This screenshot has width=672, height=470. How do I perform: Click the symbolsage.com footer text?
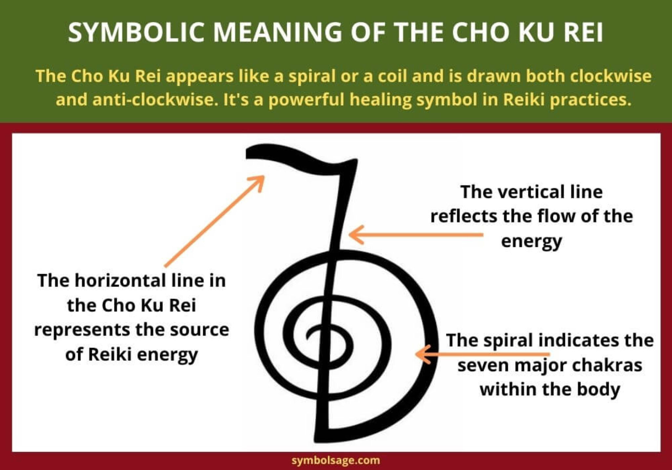point(336,460)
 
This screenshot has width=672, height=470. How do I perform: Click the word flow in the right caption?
point(556,216)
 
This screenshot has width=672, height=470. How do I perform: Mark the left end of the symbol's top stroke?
point(247,153)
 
